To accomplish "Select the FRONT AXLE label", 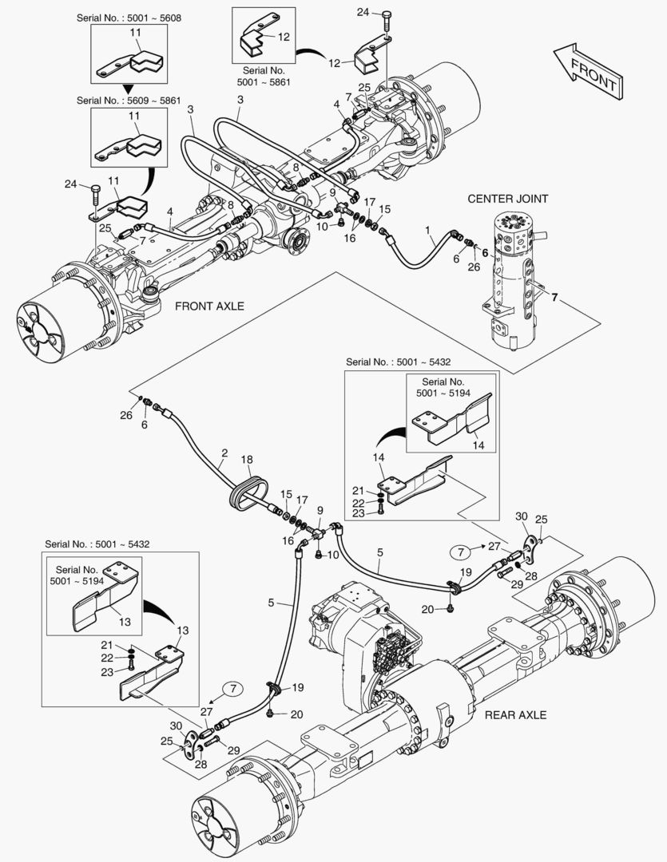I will click(x=209, y=306).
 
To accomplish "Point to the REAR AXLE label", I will click(x=515, y=714).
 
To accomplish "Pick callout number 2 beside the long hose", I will click(x=224, y=453).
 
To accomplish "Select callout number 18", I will click(x=247, y=460).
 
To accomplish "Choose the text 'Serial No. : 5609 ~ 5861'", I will click(x=129, y=101).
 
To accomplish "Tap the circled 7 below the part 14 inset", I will click(x=461, y=551).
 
